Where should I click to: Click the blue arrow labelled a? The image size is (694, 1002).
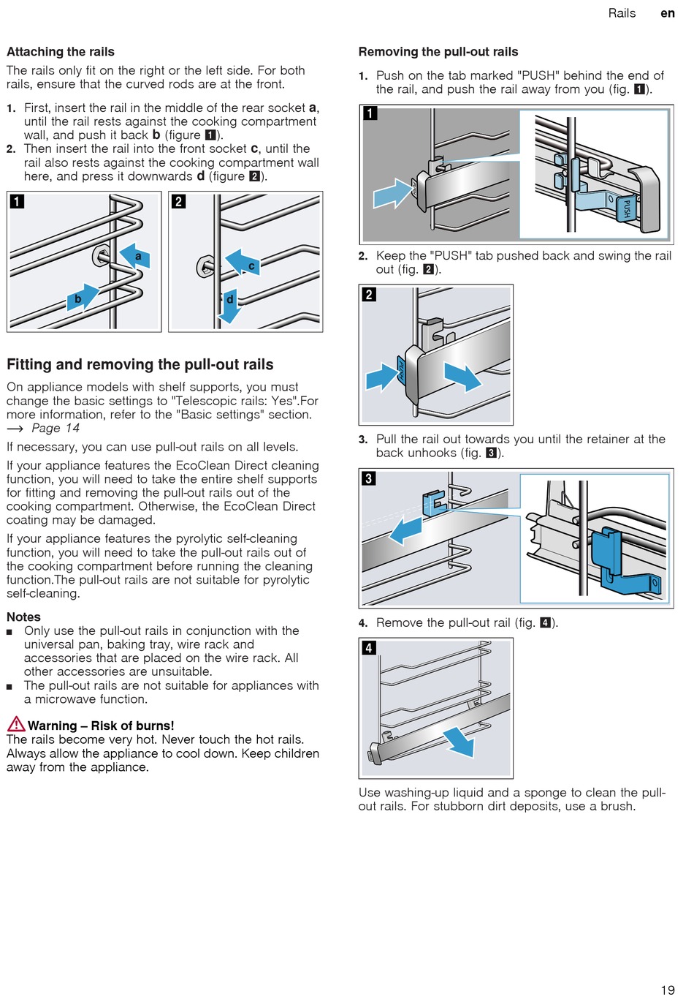coord(135,256)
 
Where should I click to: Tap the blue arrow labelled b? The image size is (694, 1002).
coord(83,296)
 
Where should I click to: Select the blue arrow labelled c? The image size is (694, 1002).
coord(243,263)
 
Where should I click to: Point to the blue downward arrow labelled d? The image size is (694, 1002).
coord(229,306)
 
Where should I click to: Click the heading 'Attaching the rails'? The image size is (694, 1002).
coord(61,52)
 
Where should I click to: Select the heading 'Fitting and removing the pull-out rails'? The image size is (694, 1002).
coord(140,364)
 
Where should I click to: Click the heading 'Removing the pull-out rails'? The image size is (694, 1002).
coord(438,52)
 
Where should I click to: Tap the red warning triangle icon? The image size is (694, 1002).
coord(16,724)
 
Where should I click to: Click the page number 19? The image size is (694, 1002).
coord(668,990)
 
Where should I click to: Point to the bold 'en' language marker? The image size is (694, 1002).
coord(668,13)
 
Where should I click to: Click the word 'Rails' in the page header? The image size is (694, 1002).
coord(622,13)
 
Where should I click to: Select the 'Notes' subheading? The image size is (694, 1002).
coord(23,617)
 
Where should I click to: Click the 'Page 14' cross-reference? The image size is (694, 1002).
coord(56,428)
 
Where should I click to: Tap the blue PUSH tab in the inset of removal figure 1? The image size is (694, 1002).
coord(626,208)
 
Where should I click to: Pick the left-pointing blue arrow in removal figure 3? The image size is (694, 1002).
coord(405,530)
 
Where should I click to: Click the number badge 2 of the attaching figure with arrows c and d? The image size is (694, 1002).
coord(178,201)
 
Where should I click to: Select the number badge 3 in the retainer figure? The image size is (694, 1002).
coord(368,478)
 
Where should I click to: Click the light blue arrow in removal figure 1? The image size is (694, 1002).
coord(393,193)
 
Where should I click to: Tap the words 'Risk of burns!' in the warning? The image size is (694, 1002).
coord(132,726)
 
